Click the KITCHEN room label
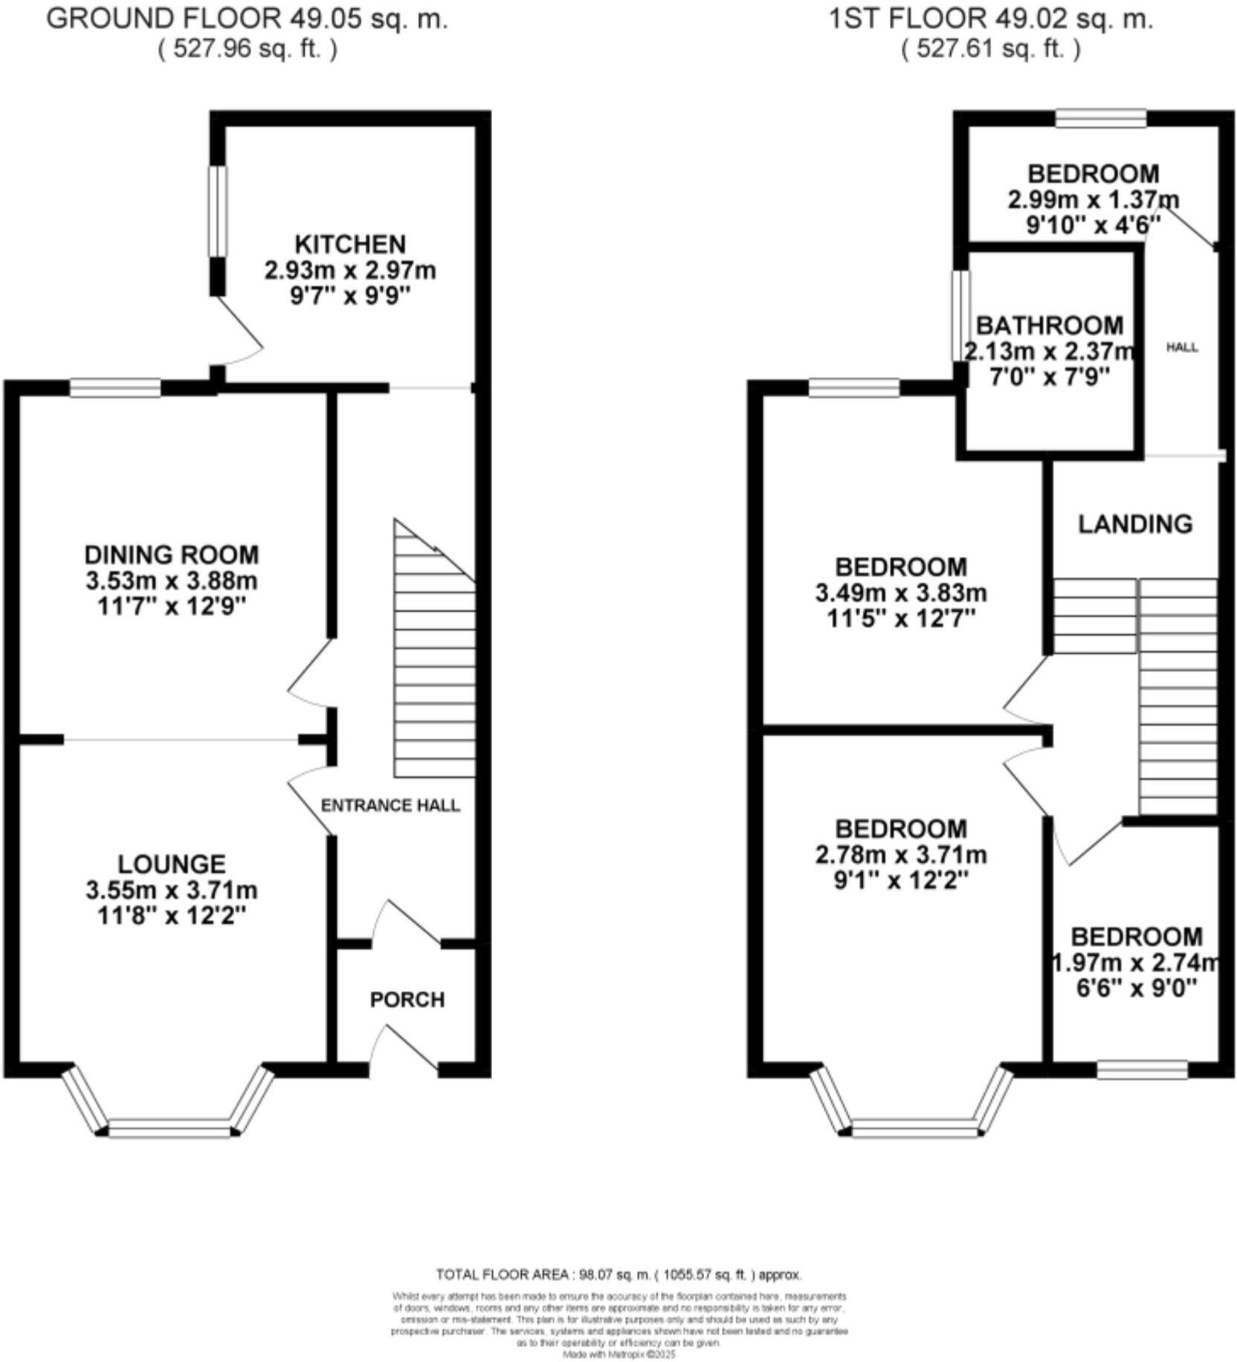click(x=350, y=244)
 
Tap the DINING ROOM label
click(x=172, y=555)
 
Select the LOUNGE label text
click(x=172, y=864)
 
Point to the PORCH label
click(x=407, y=1000)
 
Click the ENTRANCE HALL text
click(x=390, y=806)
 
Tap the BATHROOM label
click(x=1049, y=326)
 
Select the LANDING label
click(x=1135, y=524)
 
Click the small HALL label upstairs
click(x=1182, y=347)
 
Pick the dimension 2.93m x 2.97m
click(x=350, y=271)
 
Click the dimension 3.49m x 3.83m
click(x=901, y=593)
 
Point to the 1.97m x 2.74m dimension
click(x=1135, y=963)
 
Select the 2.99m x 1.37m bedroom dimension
click(x=1093, y=200)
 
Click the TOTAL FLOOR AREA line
click(x=618, y=1275)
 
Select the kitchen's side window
click(x=216, y=210)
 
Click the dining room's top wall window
click(x=115, y=387)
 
